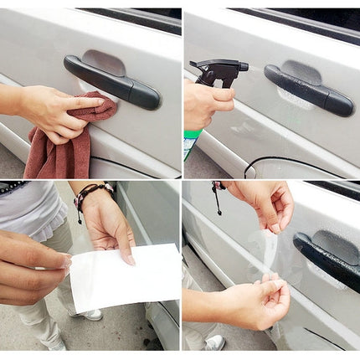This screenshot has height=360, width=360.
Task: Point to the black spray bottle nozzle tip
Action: (x=193, y=65)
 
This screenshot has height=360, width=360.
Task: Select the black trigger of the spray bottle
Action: (x=220, y=80)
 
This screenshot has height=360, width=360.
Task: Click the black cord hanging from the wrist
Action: (x=217, y=201)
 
